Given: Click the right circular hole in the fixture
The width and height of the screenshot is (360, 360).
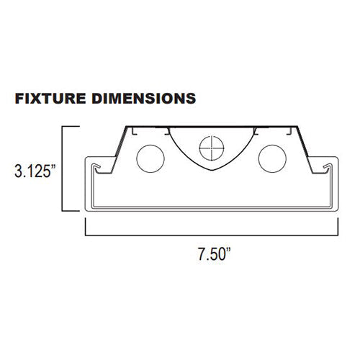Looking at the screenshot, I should click(274, 158).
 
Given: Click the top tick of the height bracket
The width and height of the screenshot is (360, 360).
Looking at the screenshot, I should click(72, 127).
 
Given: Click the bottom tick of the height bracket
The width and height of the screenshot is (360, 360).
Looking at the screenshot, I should click(72, 212).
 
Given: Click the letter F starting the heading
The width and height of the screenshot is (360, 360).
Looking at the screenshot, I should click(20, 96).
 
